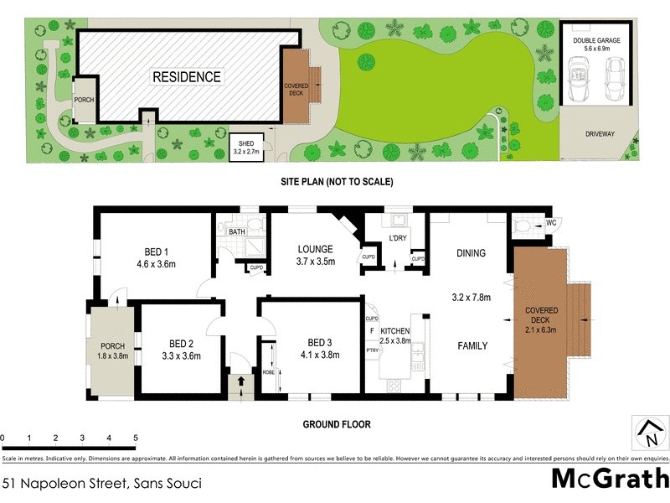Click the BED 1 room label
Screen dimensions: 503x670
click(x=155, y=252)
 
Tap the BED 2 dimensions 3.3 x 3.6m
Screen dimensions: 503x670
click(x=181, y=355)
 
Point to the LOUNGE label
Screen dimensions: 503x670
click(x=316, y=249)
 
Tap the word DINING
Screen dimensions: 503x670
click(x=471, y=252)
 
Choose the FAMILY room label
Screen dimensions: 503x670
click(x=472, y=345)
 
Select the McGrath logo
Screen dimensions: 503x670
click(x=611, y=479)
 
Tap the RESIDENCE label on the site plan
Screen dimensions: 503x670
click(x=187, y=77)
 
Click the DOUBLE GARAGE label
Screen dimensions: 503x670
click(x=594, y=40)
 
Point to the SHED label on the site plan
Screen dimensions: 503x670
click(x=248, y=143)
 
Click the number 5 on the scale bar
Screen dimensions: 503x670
click(x=135, y=438)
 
